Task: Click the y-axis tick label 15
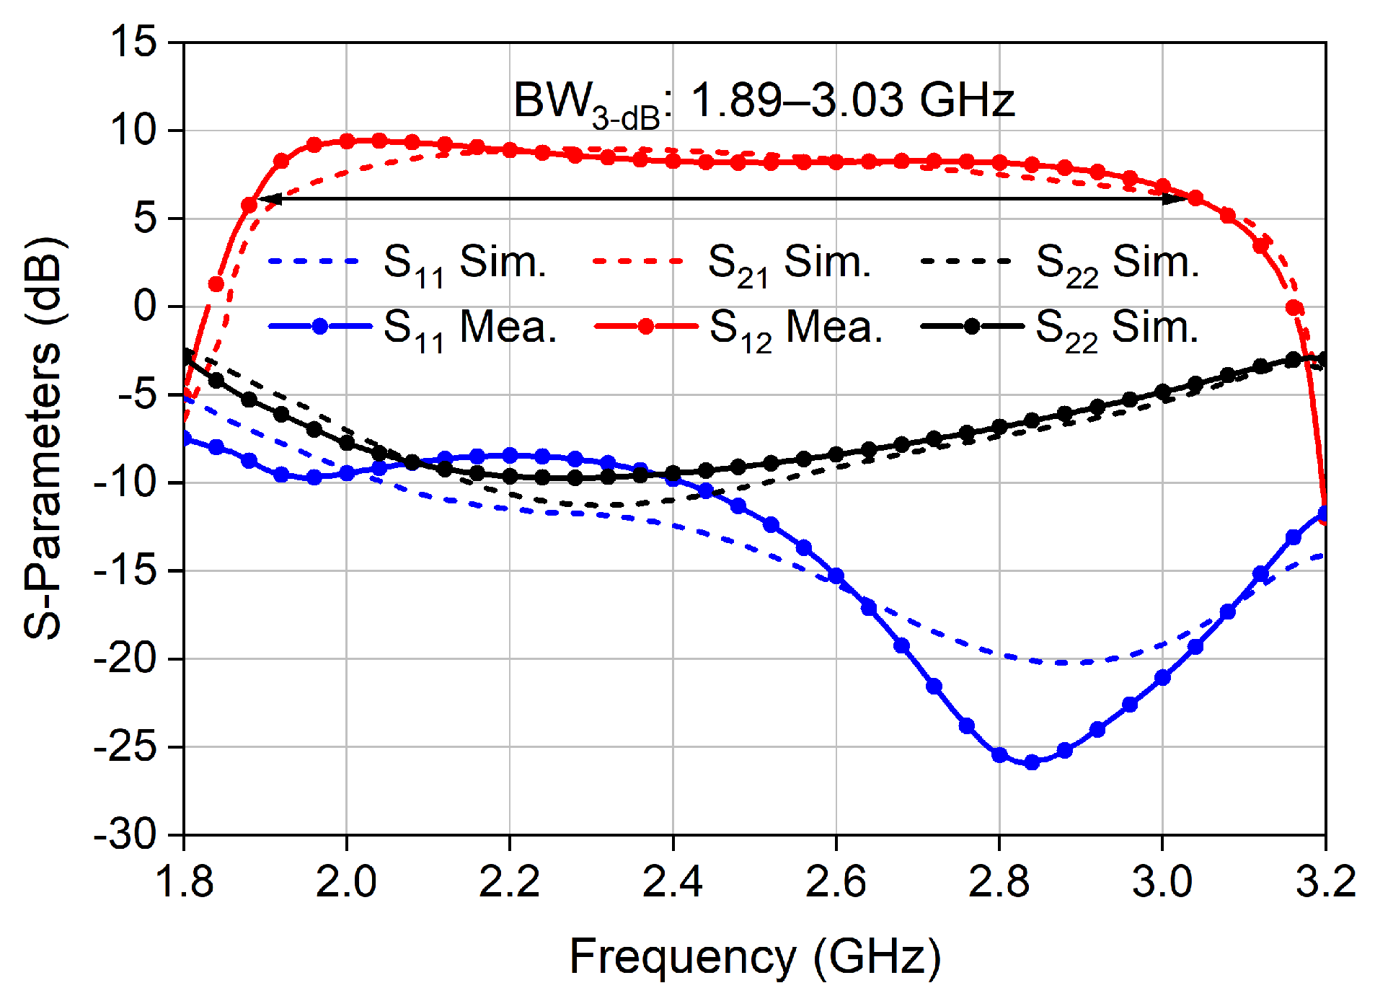click(x=133, y=41)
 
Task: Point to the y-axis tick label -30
click(x=125, y=835)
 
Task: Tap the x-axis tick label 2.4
click(x=672, y=881)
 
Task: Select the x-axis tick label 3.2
click(x=1325, y=881)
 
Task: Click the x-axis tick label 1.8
click(x=185, y=881)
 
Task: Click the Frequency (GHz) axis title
click(x=755, y=957)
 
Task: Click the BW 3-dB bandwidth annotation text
click(x=763, y=101)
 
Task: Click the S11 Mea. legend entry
click(x=412, y=328)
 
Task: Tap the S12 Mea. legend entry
click(x=738, y=328)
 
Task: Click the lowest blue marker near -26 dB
click(x=1032, y=762)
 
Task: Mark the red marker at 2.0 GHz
click(x=347, y=141)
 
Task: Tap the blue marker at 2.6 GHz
click(x=836, y=576)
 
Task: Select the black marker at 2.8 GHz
click(x=999, y=426)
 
